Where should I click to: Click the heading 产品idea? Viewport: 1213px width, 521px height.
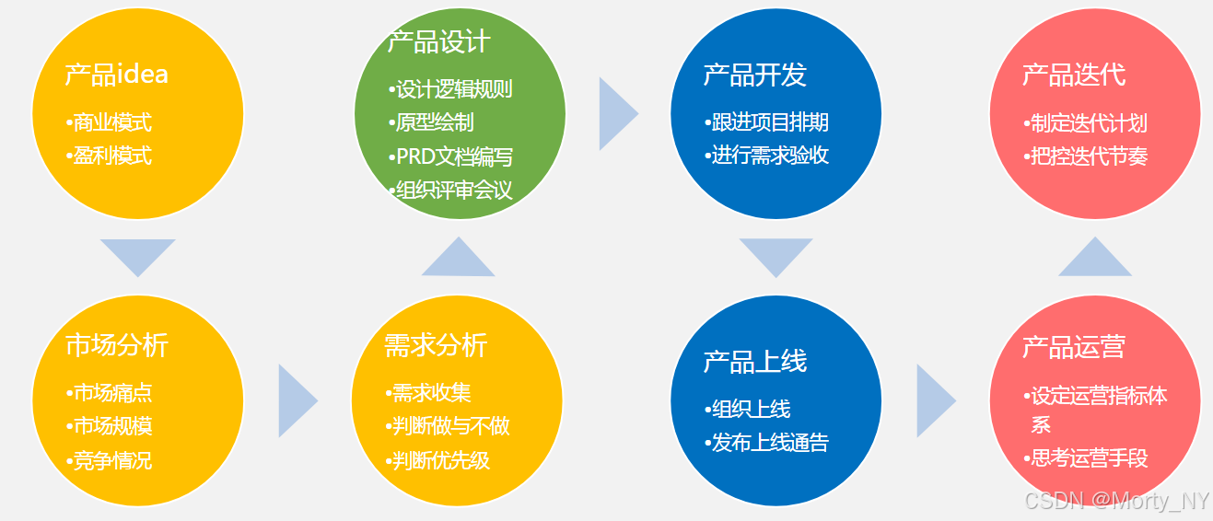(x=116, y=74)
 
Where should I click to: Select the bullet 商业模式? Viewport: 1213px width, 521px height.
(x=111, y=122)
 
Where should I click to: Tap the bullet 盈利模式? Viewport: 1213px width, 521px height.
(x=111, y=156)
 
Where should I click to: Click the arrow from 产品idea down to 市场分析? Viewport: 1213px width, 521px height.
(x=138, y=255)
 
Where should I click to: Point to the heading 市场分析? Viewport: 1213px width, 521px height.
(x=117, y=345)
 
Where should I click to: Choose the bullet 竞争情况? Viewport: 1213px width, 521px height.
(x=111, y=460)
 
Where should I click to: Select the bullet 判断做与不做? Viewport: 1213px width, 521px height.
(x=449, y=426)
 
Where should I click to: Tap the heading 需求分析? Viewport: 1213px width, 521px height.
(x=435, y=345)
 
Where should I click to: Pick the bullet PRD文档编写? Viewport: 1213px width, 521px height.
(x=452, y=156)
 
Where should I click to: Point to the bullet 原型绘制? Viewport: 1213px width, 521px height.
(x=433, y=123)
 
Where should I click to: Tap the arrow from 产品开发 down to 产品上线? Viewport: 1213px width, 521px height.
(x=776, y=255)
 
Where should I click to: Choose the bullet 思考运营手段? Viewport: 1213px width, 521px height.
(x=1087, y=458)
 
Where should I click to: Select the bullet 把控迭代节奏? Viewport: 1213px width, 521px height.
(x=1086, y=156)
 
